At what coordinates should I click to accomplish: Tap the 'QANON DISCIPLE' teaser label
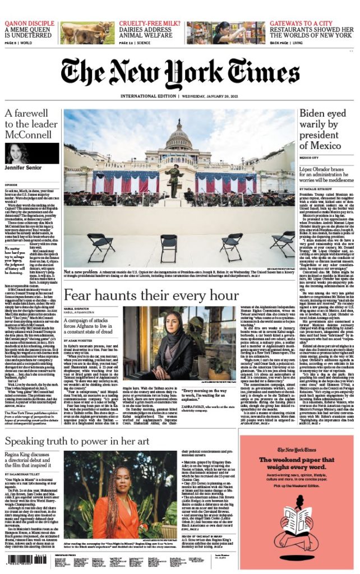point(30,23)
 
